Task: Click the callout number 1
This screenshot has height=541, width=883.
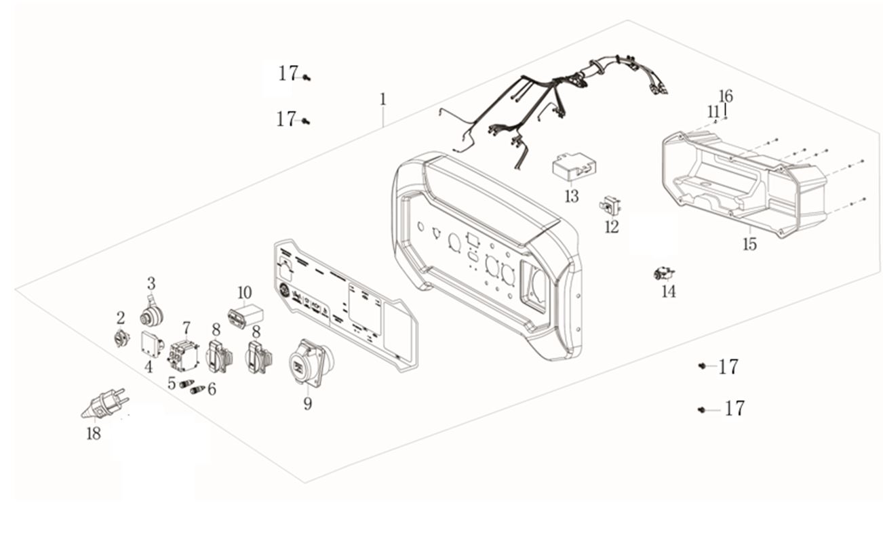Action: [382, 99]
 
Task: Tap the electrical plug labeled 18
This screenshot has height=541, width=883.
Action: [104, 404]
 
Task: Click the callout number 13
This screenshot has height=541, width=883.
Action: [572, 197]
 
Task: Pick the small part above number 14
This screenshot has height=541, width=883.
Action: [663, 274]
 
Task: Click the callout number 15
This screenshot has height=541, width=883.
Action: [749, 244]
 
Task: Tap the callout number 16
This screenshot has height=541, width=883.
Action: [726, 96]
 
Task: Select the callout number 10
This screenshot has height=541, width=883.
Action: [244, 293]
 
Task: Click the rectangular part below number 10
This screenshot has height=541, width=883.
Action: [244, 317]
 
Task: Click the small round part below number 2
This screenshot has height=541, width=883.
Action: [120, 338]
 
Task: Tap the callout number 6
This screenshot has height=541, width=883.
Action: [212, 388]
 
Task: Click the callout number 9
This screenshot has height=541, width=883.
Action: [307, 404]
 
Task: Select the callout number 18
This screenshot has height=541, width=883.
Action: [93, 434]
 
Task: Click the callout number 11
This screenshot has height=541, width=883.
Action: [712, 111]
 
